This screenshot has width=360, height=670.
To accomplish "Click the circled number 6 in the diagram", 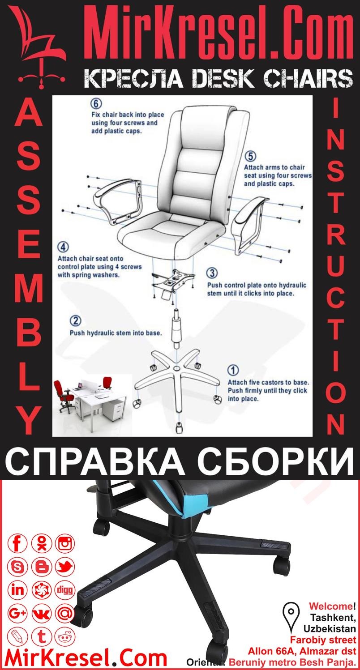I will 96,104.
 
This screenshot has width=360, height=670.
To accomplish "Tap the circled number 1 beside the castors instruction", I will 233,370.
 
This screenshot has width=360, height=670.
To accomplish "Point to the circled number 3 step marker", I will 212,273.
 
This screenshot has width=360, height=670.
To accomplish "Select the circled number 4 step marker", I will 63,248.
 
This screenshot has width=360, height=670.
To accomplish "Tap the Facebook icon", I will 18,544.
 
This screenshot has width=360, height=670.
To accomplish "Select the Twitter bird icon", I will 65,567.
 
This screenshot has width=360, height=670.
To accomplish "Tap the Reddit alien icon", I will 65,636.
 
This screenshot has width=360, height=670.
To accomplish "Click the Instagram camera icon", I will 65,544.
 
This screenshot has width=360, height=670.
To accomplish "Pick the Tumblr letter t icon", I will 42,636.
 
